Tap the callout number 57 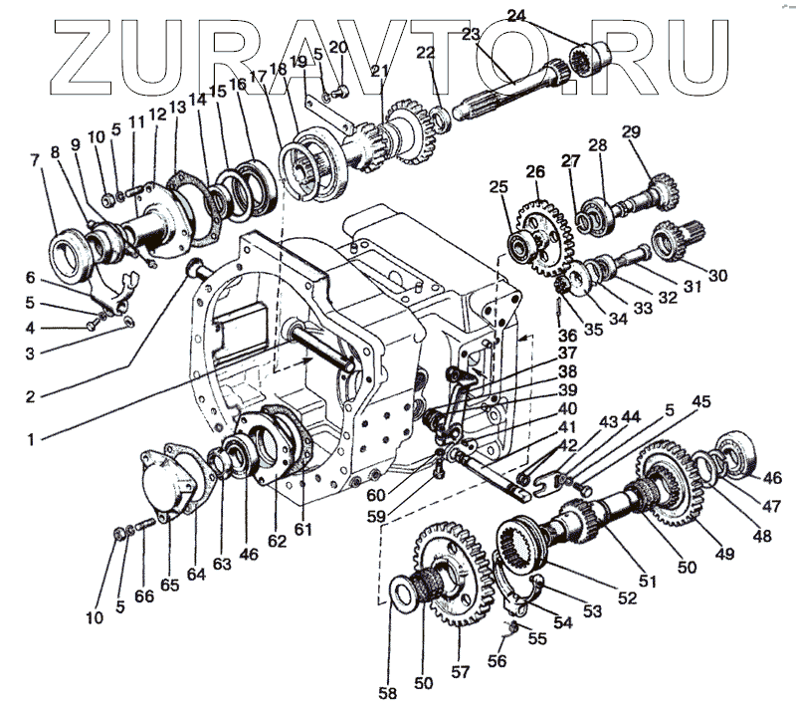460,672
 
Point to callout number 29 630,132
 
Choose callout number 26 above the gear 535,171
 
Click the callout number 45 702,401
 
